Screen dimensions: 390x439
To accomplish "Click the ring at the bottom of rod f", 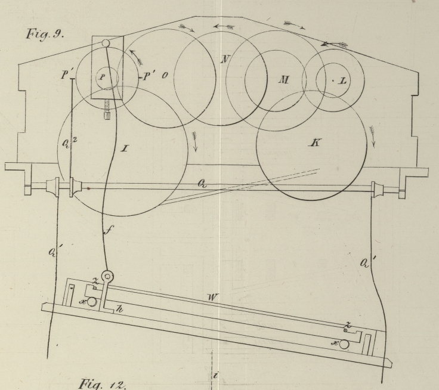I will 109,277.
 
